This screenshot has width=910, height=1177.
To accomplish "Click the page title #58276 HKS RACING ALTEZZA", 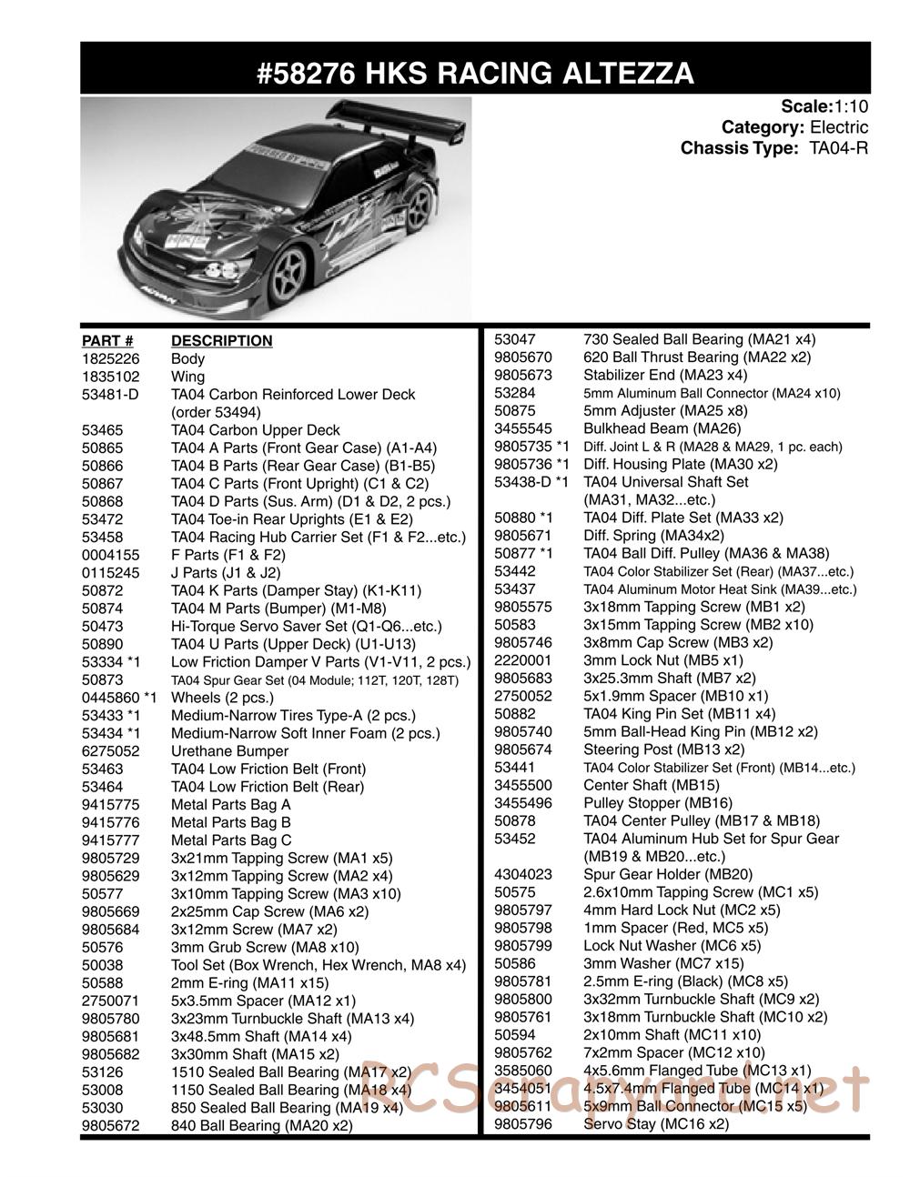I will (474, 72).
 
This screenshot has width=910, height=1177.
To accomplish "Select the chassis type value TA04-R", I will (838, 147).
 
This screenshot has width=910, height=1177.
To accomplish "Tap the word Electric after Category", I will (839, 127).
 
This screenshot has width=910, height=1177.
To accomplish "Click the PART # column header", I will (107, 341).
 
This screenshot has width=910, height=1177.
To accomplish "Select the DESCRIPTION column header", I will (221, 341).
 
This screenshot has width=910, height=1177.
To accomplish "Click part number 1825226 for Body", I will (107, 359).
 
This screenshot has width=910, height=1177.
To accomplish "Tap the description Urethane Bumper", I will (229, 751).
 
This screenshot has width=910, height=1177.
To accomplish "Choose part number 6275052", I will (107, 751).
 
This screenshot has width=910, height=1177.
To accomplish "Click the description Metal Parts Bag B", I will (231, 822).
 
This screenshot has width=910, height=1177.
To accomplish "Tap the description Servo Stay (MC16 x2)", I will (656, 1124).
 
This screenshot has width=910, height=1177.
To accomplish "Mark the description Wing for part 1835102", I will (187, 377).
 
